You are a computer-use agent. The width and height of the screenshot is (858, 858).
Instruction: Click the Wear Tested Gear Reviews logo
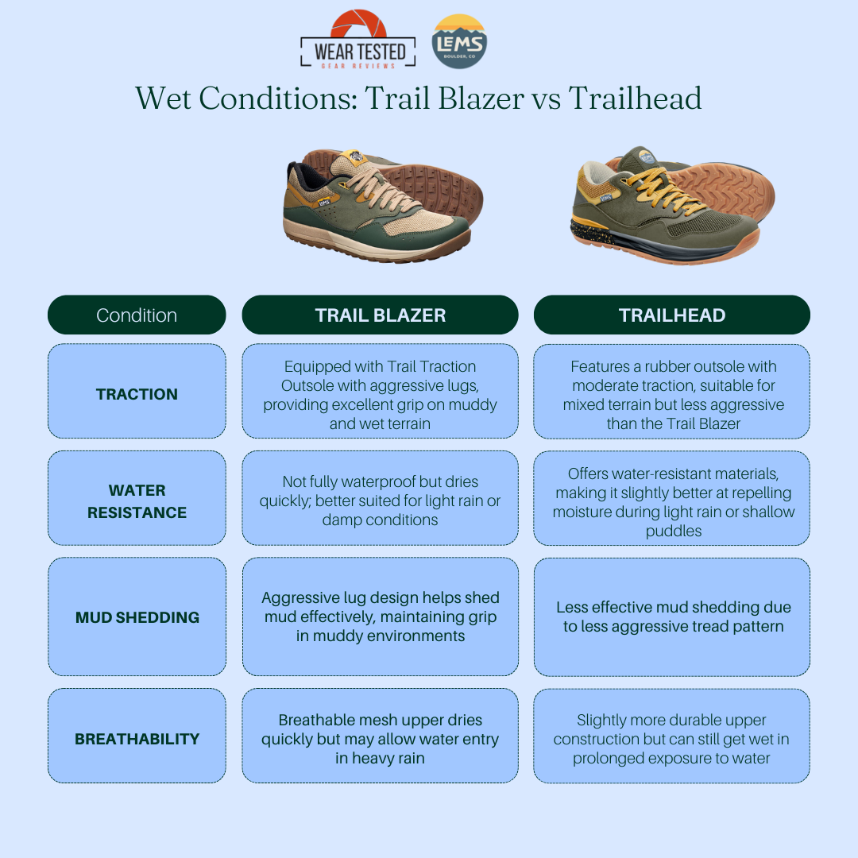(357, 40)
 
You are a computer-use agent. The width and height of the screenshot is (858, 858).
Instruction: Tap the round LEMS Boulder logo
(459, 41)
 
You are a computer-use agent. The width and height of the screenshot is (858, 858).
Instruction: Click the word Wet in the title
(163, 99)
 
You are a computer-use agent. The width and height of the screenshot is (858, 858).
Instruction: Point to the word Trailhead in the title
(635, 99)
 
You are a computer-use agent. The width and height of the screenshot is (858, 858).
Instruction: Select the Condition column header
(137, 315)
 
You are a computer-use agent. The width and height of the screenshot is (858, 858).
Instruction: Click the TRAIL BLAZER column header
(381, 315)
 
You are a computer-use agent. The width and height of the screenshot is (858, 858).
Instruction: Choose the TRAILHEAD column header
(672, 315)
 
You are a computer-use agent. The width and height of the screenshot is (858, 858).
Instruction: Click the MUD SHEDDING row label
(137, 616)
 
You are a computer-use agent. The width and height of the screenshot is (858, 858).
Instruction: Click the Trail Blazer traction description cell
(381, 391)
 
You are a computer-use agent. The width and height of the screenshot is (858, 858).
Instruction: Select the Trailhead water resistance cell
(672, 498)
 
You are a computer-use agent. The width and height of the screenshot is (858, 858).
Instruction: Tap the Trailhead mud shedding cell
(672, 616)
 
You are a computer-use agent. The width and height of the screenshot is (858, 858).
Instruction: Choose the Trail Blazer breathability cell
(381, 736)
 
